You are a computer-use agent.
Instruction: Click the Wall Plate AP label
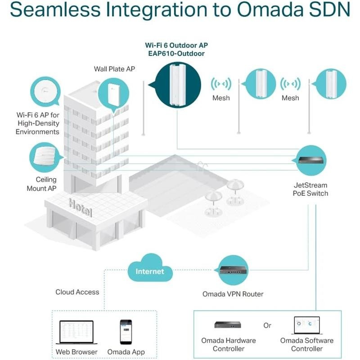coord(114,69)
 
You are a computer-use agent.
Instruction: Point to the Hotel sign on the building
coord(81,208)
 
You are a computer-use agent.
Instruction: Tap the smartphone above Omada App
coord(126,332)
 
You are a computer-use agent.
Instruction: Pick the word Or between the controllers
coord(267,325)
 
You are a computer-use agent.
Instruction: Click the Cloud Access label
coord(77,292)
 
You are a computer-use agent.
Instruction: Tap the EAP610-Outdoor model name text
coord(176,54)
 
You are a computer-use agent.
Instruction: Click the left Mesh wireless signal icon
coord(221,84)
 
